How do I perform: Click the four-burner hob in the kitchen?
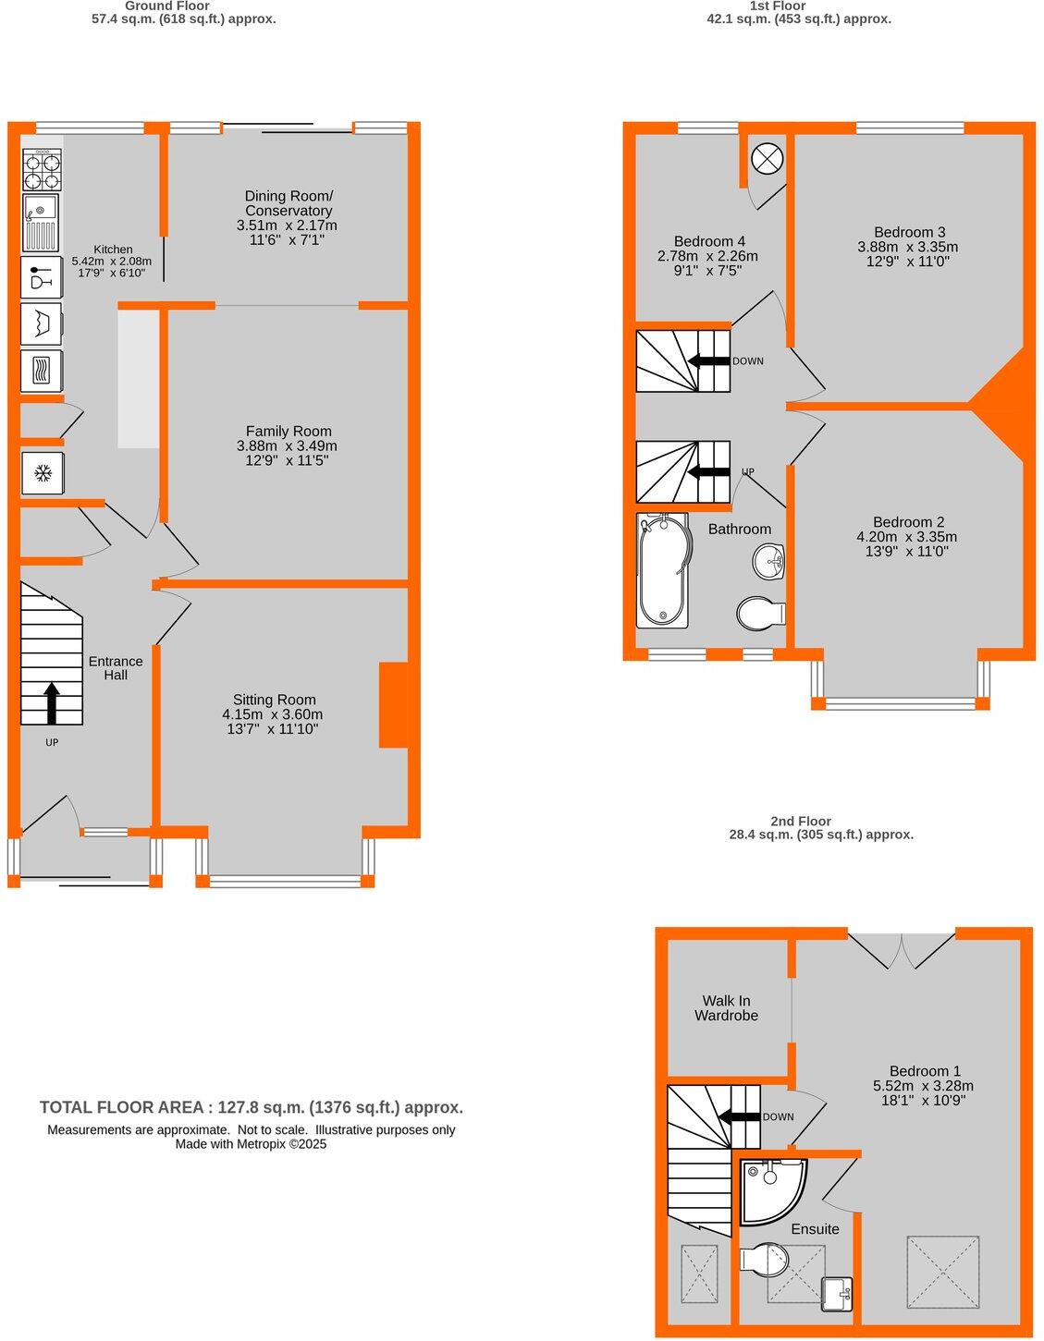[x=42, y=169]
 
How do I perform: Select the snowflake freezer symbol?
[x=42, y=474]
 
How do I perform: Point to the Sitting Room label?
[x=274, y=700]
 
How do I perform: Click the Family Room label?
[x=289, y=431]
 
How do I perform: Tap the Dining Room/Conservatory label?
[x=289, y=203]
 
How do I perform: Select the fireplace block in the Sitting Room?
[x=394, y=704]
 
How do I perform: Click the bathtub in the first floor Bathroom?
[x=663, y=571]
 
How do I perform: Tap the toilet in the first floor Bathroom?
[x=759, y=613]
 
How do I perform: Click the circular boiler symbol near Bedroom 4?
[x=767, y=159]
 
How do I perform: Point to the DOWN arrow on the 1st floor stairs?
[x=709, y=360]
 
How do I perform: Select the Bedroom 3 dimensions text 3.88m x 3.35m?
[x=907, y=247]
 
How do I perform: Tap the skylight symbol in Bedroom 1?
[x=941, y=1271]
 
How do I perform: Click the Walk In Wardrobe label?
[x=726, y=1007]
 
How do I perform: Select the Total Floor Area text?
[x=251, y=1107]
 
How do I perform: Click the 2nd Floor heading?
[x=800, y=821]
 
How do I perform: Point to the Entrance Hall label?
[x=116, y=667]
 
